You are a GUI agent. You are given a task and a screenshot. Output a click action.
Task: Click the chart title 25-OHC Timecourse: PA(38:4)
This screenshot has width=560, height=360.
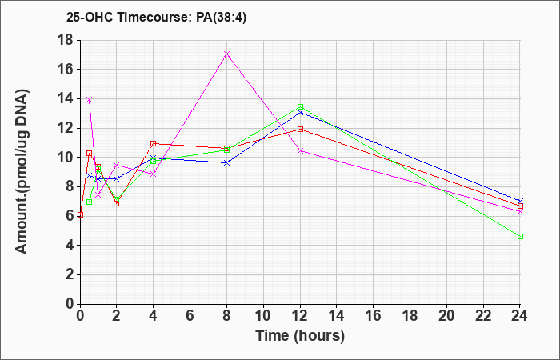tap(157, 18)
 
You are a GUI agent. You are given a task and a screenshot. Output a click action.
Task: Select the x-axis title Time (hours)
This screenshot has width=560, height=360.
tap(300, 336)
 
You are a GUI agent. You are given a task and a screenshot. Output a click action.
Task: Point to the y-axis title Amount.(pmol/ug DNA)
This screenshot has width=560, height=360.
tap(22, 172)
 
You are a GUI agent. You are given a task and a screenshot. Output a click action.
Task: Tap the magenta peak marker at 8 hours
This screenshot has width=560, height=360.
tap(226, 54)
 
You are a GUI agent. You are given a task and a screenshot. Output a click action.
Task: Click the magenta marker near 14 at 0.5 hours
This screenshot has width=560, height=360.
tap(90, 100)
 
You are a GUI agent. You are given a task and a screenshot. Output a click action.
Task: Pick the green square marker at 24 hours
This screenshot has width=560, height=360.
tap(520, 237)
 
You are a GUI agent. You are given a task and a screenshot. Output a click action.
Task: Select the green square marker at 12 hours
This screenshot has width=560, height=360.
tap(300, 106)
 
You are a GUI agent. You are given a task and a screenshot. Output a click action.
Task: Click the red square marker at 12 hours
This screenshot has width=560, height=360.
tap(300, 129)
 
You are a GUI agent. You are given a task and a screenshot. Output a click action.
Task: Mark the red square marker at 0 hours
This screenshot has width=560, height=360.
tap(80, 214)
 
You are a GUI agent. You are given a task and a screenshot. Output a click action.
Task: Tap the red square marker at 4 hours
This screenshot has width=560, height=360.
tap(154, 143)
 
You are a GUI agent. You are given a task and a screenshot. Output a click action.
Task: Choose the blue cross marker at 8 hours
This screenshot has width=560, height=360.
tap(226, 163)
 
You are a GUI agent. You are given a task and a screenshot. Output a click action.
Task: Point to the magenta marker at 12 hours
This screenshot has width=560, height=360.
tap(300, 151)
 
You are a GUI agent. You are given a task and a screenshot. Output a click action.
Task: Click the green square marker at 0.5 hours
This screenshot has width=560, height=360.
tap(90, 202)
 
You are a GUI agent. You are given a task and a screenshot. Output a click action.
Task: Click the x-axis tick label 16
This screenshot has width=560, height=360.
tap(374, 316)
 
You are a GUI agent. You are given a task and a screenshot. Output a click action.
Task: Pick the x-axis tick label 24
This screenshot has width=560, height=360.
tap(520, 316)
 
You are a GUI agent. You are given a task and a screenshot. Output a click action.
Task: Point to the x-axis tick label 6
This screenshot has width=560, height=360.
tap(190, 316)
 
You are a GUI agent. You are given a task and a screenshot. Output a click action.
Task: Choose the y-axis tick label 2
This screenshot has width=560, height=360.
tap(70, 274)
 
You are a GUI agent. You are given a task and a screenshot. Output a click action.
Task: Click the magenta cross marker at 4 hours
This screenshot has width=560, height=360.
tap(154, 174)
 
